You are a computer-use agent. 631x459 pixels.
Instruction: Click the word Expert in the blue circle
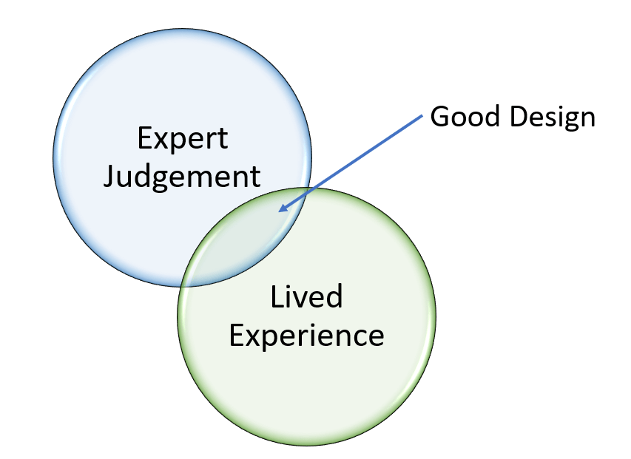183,139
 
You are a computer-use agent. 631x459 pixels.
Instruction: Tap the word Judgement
182,177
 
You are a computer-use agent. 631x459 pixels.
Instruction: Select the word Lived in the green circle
306,297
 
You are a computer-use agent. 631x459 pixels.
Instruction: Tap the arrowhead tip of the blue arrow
279,212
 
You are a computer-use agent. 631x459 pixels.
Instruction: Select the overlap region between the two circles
244,237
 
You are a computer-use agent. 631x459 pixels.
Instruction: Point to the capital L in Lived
275,296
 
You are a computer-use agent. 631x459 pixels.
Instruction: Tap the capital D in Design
516,117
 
